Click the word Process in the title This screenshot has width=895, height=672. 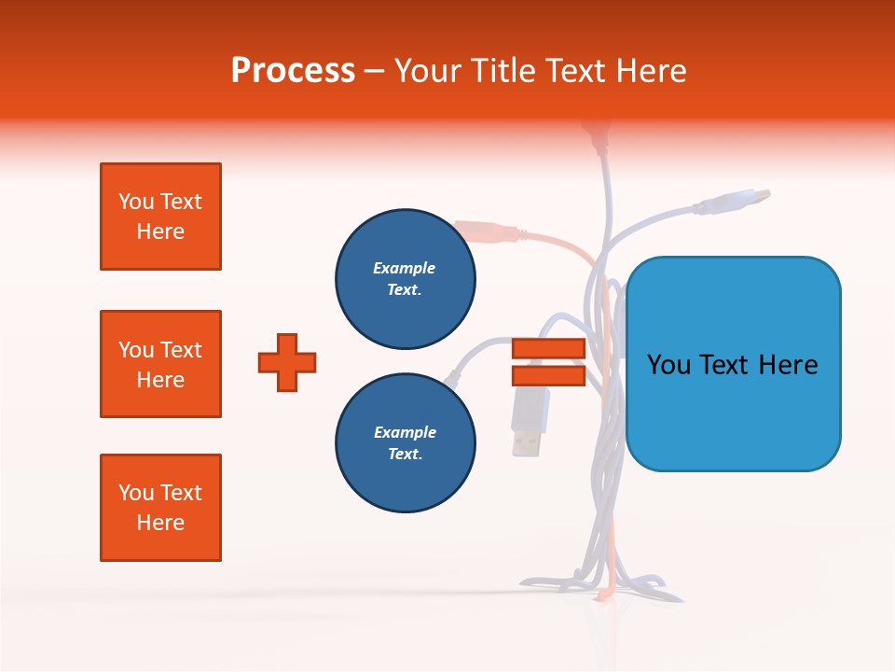(x=293, y=71)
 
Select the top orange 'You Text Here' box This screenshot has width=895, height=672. (x=160, y=217)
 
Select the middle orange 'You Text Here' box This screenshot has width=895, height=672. (x=160, y=364)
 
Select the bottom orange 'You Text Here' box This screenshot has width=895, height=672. (x=160, y=508)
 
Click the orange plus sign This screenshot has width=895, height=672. (x=287, y=362)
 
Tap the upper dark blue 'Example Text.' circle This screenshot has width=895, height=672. (x=405, y=278)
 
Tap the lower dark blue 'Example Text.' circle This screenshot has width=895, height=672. (x=405, y=442)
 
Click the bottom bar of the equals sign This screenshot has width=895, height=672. (x=548, y=375)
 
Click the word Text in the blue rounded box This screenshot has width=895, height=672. (x=729, y=365)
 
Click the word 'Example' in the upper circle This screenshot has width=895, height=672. (x=405, y=268)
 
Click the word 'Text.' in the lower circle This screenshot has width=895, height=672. (x=405, y=454)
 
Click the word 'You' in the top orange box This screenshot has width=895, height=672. (x=135, y=202)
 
